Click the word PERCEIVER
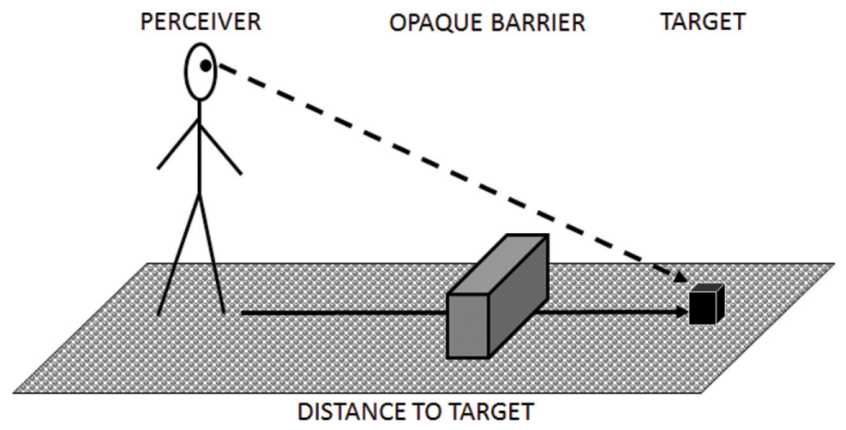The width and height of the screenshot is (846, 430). [201, 21]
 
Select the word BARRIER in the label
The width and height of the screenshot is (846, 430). [536, 22]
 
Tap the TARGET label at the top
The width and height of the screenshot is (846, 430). [702, 21]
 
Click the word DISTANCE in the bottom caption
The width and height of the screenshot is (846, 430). [351, 412]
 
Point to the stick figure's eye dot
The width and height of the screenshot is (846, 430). [207, 65]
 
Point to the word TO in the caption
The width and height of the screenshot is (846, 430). [434, 412]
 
